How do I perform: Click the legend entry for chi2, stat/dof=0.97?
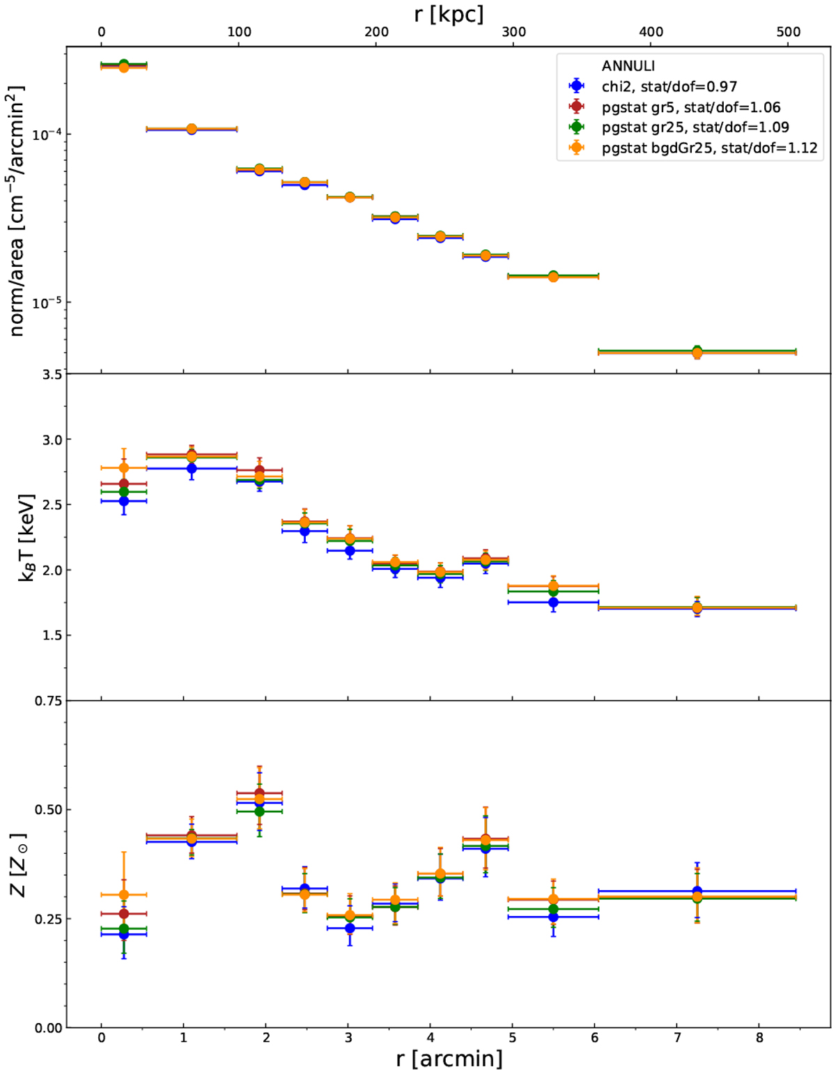click(669, 86)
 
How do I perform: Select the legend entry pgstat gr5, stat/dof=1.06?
click(690, 107)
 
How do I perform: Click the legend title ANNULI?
click(628, 66)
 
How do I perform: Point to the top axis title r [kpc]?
click(448, 13)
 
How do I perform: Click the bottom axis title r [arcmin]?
click(449, 1059)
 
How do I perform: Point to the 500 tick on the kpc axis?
click(788, 32)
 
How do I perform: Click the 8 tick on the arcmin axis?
click(759, 1037)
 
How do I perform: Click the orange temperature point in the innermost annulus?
click(124, 467)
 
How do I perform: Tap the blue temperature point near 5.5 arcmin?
click(553, 602)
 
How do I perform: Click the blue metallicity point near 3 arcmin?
click(350, 928)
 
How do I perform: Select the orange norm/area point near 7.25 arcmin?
click(697, 353)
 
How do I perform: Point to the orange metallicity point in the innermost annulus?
click(124, 894)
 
